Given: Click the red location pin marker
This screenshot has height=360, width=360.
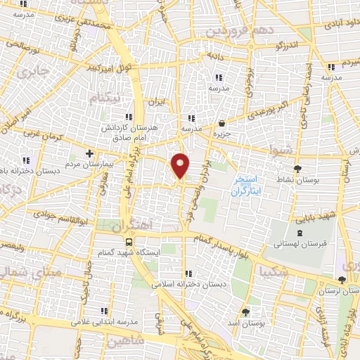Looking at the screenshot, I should click(181, 165).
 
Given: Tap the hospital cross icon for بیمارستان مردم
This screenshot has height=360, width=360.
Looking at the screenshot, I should click(89, 153).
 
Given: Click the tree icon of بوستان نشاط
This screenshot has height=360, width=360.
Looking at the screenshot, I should click(298, 168).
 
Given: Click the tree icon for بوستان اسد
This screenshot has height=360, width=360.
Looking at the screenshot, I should click(245, 311).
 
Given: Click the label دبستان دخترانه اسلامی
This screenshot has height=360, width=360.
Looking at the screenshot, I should click(185, 285).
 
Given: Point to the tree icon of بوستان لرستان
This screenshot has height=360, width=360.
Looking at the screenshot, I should click(342, 279).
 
